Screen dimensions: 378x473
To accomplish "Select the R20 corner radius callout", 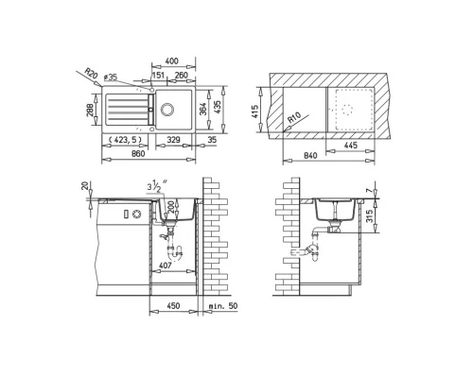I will (91, 72).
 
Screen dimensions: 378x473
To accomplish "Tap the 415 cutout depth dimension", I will (256, 111).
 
